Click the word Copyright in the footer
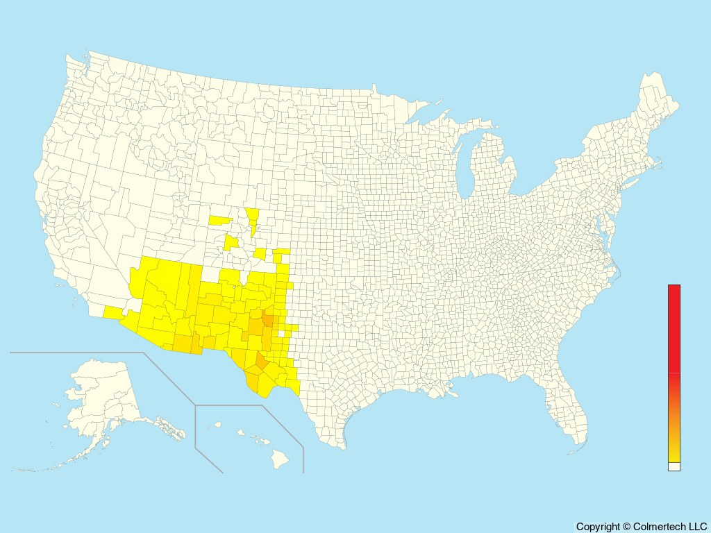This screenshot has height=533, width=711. [x=598, y=527]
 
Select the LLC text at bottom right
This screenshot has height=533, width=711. [x=696, y=527]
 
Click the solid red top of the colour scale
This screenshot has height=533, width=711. [x=674, y=326]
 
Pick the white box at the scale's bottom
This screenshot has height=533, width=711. [x=674, y=467]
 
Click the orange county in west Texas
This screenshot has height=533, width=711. [x=262, y=362]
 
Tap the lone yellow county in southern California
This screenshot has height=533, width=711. [x=111, y=312]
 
